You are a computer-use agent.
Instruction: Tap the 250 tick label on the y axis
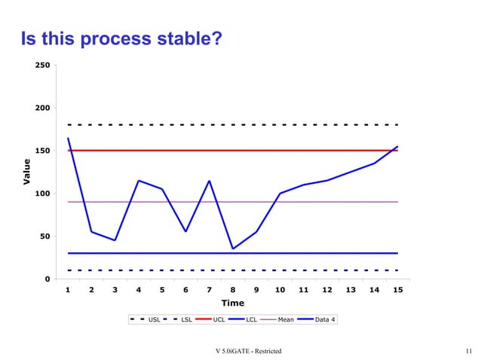pyautogui.click(x=43, y=66)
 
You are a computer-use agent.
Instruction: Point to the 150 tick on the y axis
pyautogui.click(x=43, y=151)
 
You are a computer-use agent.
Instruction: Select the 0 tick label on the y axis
pyautogui.click(x=47, y=279)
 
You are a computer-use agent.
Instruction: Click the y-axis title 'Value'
pyautogui.click(x=26, y=172)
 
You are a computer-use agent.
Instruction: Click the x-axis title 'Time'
pyautogui.click(x=232, y=303)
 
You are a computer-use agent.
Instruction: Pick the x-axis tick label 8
pyautogui.click(x=232, y=290)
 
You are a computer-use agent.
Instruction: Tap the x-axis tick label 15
pyautogui.click(x=397, y=290)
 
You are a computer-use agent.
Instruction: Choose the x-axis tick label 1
pyautogui.click(x=69, y=290)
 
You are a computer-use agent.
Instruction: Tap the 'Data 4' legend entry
pyautogui.click(x=325, y=319)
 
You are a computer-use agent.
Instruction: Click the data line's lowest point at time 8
pyautogui.click(x=232, y=249)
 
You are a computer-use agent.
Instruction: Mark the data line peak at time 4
pyautogui.click(x=139, y=181)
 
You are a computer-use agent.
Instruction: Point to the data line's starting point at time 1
pyautogui.click(x=69, y=138)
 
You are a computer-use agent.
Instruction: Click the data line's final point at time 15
pyautogui.click(x=397, y=146)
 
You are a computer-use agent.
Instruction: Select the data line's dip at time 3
pyautogui.click(x=115, y=240)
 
